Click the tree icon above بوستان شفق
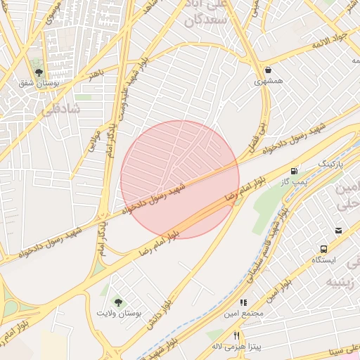coord(39,72)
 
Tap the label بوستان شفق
coord(39,84)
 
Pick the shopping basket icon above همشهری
coord(269,70)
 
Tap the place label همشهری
coord(269,82)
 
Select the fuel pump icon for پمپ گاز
coord(294,170)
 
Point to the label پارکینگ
coord(333,163)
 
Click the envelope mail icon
coord(338,230)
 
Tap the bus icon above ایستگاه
coord(324,249)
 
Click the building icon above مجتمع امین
coord(243,302)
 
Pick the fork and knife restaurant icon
coord(236,335)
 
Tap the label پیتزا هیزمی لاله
coord(236,347)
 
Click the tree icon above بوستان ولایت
coord(118,301)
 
